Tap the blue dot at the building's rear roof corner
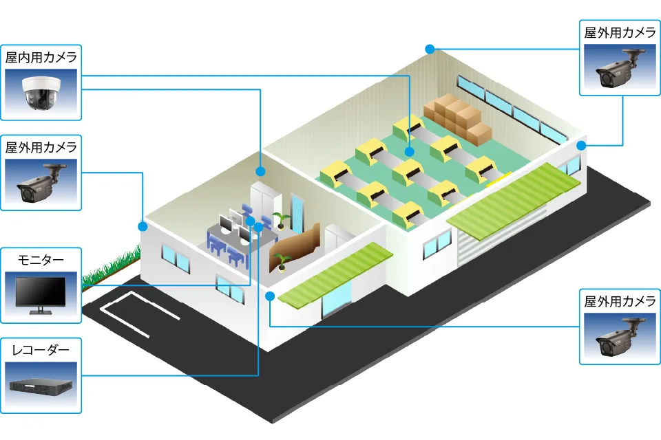point(430,49)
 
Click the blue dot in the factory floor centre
point(409,152)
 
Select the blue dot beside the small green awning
point(270,296)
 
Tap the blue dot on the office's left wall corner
point(143,225)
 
